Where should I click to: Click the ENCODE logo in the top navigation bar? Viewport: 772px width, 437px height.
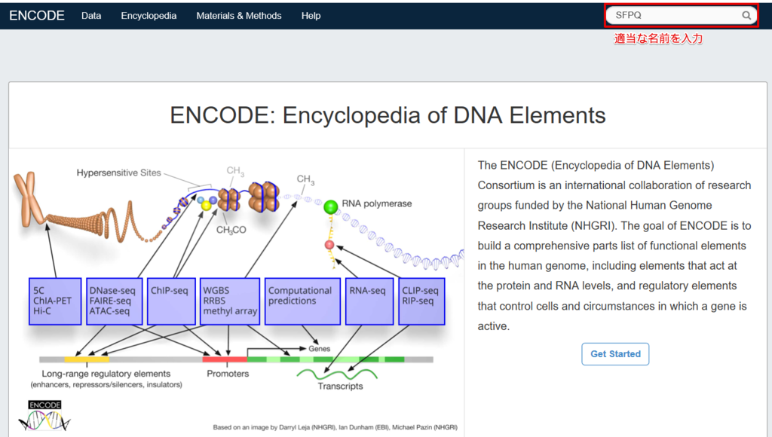[x=37, y=16]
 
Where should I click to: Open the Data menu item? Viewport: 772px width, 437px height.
[x=91, y=16]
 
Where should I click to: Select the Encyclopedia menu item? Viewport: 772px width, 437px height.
[x=149, y=16]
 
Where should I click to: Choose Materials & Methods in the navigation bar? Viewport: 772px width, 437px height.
[x=239, y=16]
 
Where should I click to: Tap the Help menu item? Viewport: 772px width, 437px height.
[x=311, y=16]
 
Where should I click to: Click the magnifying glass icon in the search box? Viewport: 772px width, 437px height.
[x=746, y=15]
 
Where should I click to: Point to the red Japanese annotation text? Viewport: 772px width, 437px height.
[x=657, y=39]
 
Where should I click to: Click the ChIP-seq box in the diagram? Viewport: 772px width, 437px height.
[x=171, y=301]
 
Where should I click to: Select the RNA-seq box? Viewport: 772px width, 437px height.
[x=369, y=301]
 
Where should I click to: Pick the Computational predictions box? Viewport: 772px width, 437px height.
[x=302, y=301]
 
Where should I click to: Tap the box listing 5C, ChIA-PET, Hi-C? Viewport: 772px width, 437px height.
[x=55, y=301]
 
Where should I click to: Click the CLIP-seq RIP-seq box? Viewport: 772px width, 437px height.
[x=421, y=301]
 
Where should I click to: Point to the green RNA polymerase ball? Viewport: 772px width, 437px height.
[x=331, y=206]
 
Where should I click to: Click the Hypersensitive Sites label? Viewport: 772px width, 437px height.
[x=118, y=173]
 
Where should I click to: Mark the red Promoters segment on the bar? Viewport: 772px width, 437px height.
[x=225, y=359]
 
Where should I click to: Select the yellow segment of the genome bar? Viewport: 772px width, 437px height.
[x=87, y=359]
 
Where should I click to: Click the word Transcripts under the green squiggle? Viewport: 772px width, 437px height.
[x=340, y=386]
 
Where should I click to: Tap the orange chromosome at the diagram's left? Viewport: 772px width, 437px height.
[x=29, y=200]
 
